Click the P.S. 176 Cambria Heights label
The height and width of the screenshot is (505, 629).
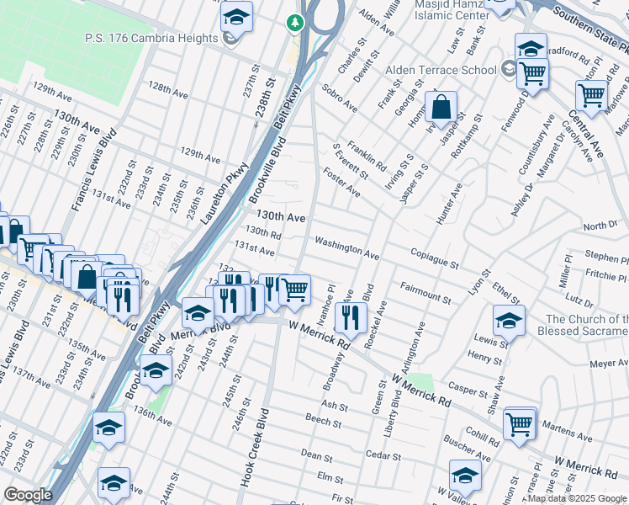151,38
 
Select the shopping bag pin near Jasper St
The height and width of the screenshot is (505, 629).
441,108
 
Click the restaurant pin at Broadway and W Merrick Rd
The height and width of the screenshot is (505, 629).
350,317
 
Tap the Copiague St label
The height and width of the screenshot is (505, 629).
434,258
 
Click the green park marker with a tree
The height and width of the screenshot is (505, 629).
295,22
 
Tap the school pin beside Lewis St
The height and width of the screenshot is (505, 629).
509,321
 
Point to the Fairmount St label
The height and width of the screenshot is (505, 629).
425,292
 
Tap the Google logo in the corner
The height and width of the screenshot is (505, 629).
28,495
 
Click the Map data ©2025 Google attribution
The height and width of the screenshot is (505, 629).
577,498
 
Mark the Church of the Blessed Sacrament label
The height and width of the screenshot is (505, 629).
586,325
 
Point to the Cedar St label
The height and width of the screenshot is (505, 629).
383,454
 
